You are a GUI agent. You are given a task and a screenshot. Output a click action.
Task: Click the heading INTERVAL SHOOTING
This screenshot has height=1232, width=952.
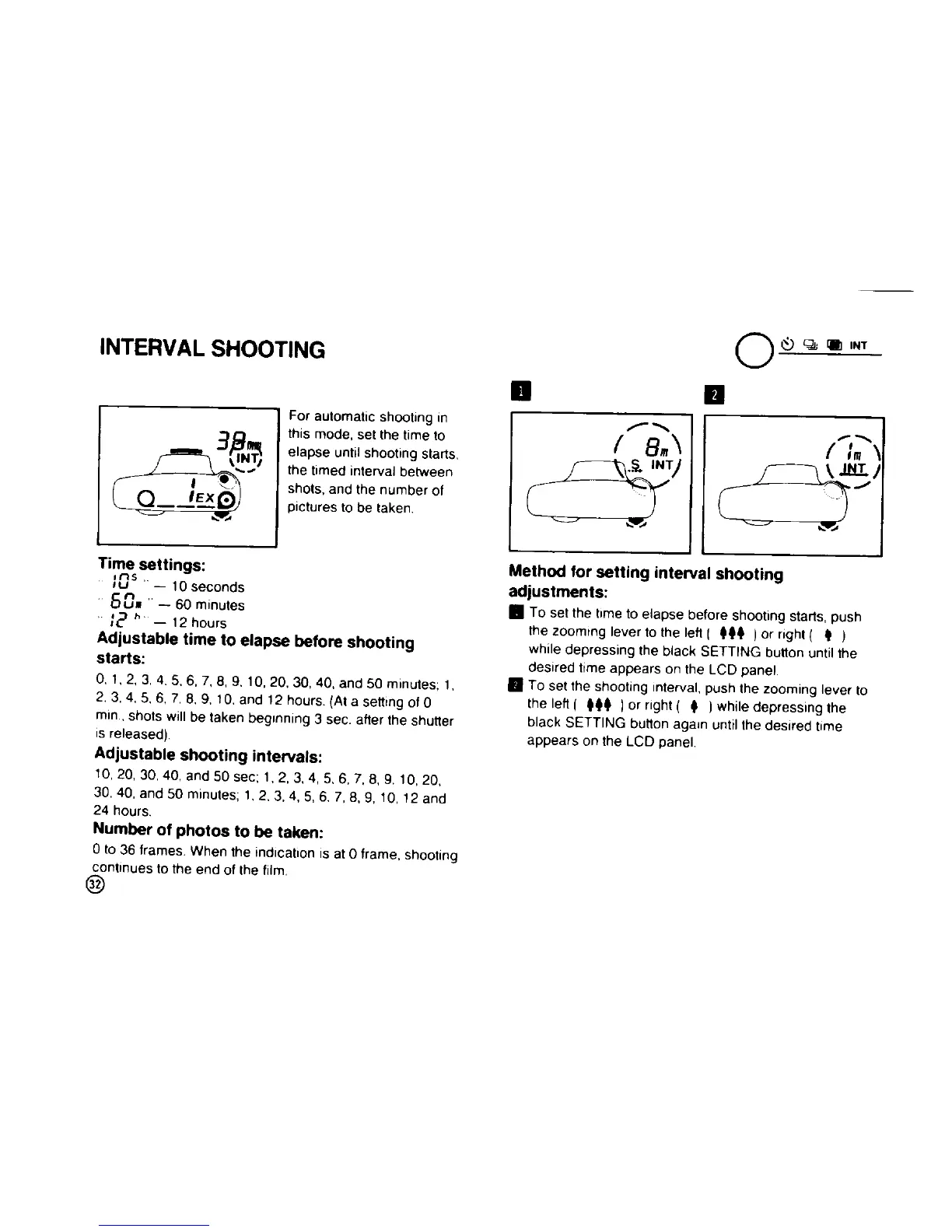click(212, 349)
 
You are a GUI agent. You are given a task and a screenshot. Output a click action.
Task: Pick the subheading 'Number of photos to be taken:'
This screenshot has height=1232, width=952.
click(207, 832)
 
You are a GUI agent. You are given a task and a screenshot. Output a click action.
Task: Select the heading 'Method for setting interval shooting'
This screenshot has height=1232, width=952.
click(646, 574)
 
